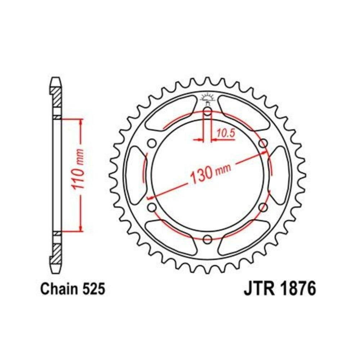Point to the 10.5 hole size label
click(226, 133)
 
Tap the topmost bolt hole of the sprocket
click(207, 111)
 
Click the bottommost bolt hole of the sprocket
click(207, 239)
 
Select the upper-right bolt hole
click(263, 143)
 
